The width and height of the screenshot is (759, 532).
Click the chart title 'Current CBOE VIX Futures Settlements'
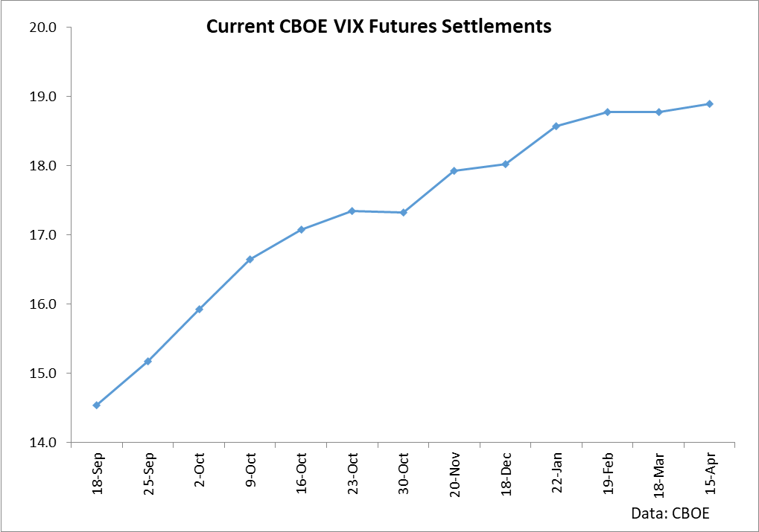click(378, 27)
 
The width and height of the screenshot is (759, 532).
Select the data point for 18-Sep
click(96, 405)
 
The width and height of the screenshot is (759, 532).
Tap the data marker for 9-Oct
click(250, 260)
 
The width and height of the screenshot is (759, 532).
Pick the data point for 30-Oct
click(403, 213)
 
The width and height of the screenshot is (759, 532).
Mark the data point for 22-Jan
click(556, 126)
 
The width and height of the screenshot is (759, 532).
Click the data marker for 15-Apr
click(710, 104)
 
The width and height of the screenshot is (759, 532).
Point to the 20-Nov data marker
click(454, 171)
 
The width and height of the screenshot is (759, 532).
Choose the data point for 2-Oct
click(199, 310)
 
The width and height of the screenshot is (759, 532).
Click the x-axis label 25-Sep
click(148, 475)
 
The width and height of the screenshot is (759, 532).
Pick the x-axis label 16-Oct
click(302, 475)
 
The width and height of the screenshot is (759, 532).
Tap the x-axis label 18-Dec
click(506, 475)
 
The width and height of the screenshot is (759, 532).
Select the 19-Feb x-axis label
click(608, 475)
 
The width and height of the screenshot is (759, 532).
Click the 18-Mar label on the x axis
click(659, 475)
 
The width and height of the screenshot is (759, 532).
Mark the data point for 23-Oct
click(352, 211)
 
